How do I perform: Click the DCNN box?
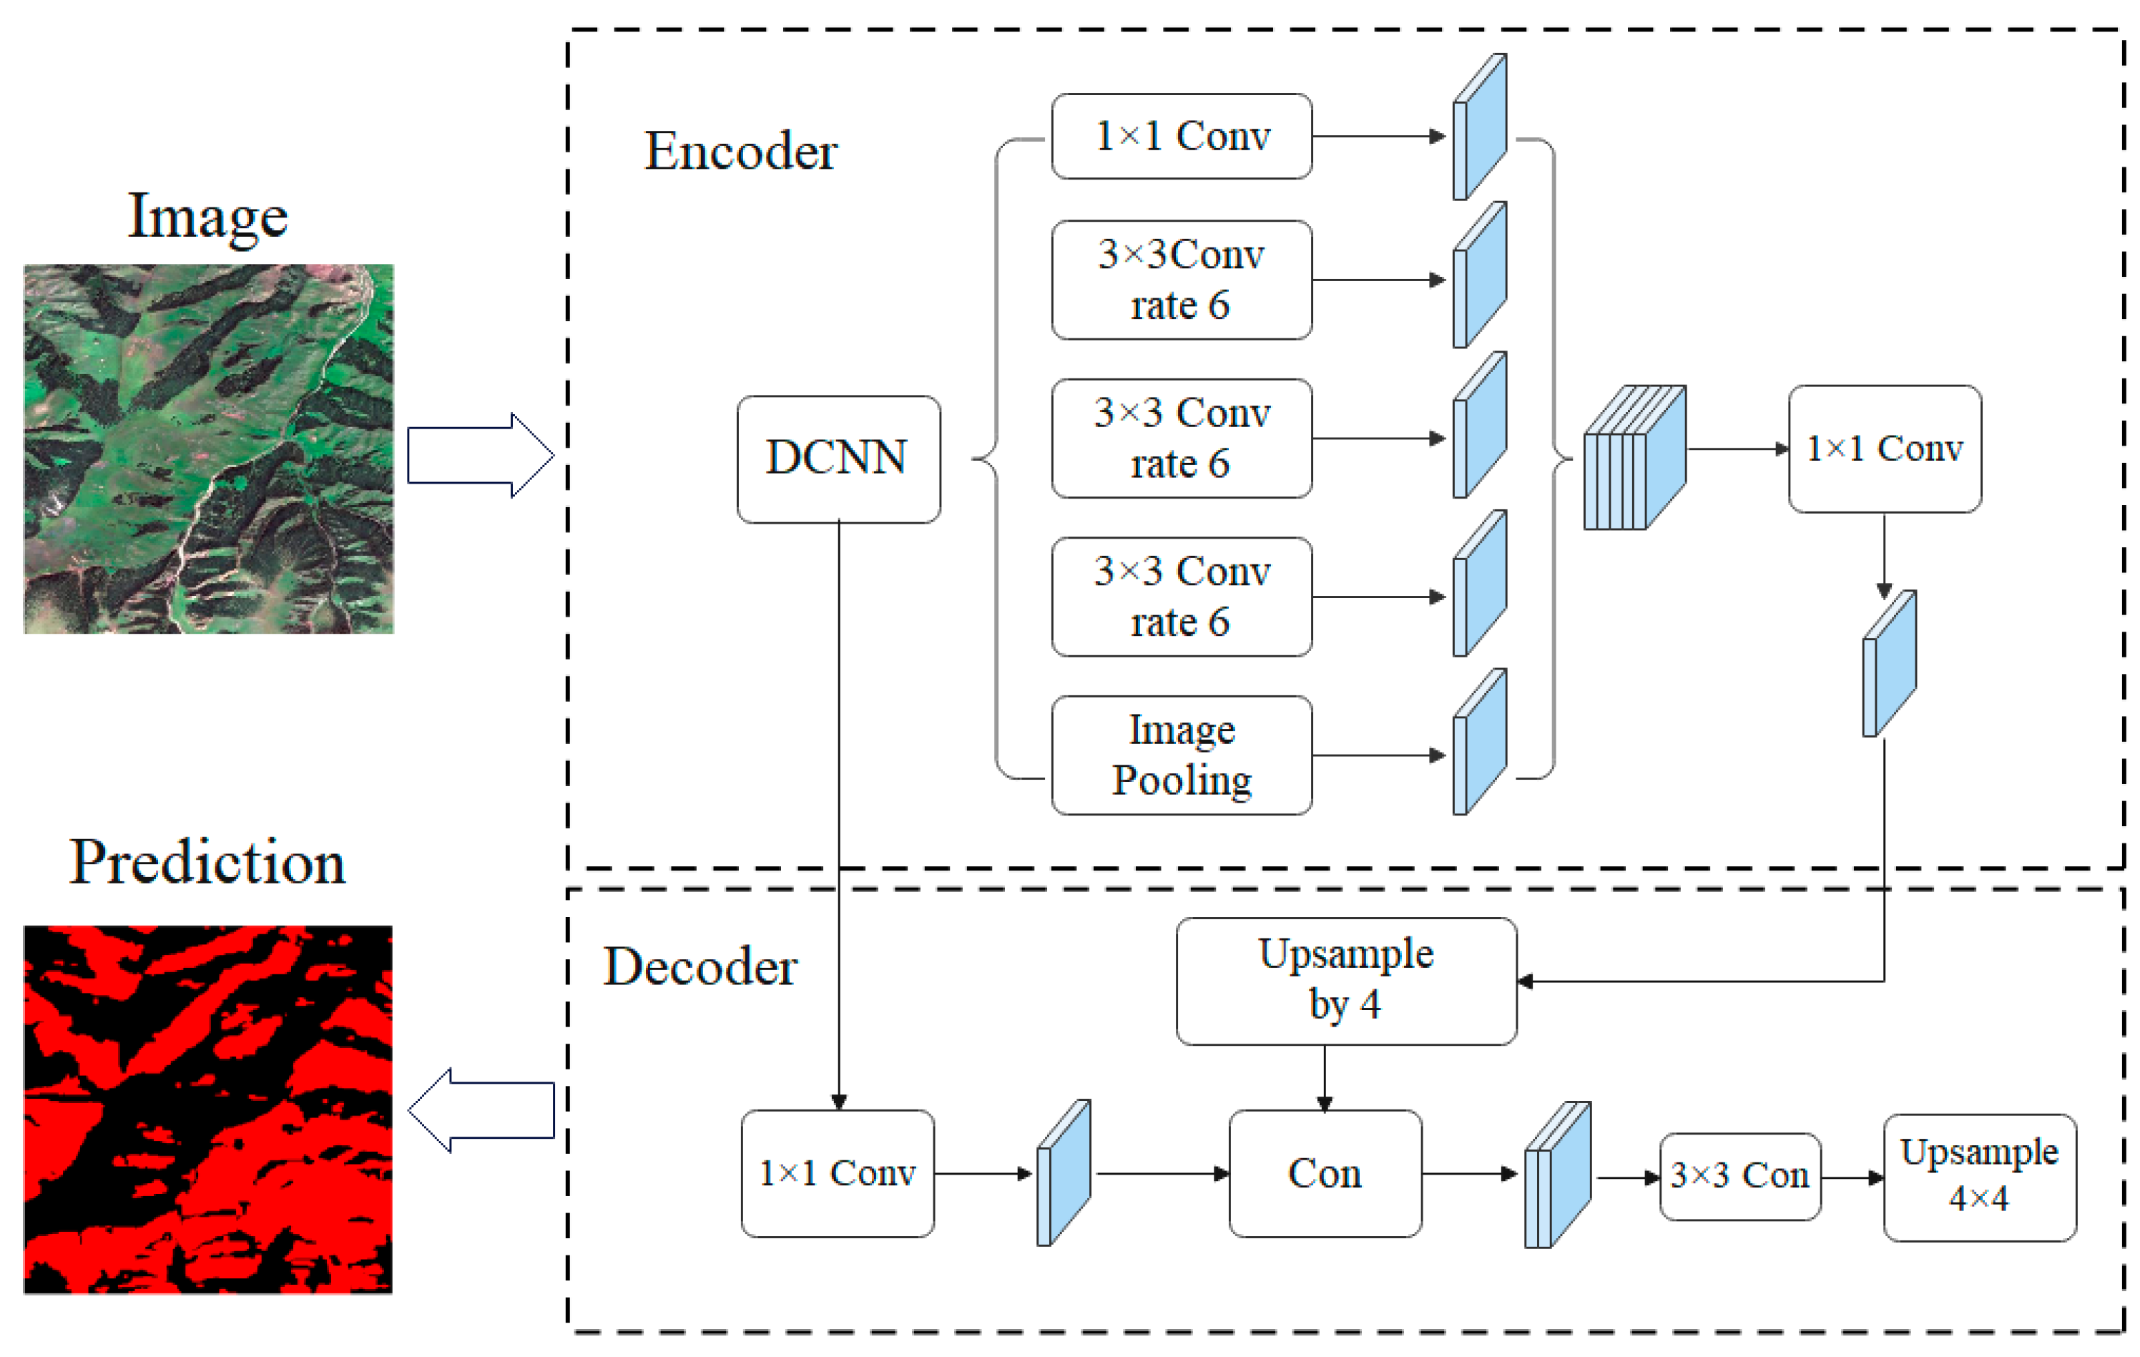point(838,459)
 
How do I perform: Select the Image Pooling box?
point(1181,755)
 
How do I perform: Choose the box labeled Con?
point(1324,1172)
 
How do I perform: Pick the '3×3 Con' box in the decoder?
point(1739,1176)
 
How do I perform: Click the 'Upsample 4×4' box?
point(1979,1176)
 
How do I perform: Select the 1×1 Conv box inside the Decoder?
point(837,1172)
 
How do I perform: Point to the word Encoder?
point(740,151)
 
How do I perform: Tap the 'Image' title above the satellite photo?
point(207,216)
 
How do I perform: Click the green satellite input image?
point(208,448)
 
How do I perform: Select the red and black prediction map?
point(207,1108)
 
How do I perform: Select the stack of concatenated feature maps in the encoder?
point(1634,457)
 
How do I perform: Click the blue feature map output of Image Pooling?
point(1479,741)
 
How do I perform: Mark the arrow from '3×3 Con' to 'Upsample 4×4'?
point(1851,1177)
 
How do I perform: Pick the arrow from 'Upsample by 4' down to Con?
point(1324,1077)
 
